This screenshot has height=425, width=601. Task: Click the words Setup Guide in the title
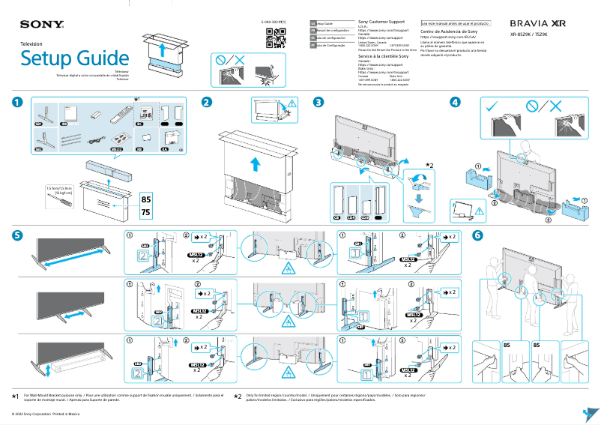[75, 58]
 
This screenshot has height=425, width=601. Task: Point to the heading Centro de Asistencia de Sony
[449, 32]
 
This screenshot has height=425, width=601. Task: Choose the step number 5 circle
[17, 235]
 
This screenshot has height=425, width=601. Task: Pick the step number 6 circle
[477, 235]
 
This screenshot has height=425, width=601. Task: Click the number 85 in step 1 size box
[146, 199]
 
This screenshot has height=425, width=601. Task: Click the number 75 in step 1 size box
[146, 212]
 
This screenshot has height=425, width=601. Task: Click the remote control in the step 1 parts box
[118, 116]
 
